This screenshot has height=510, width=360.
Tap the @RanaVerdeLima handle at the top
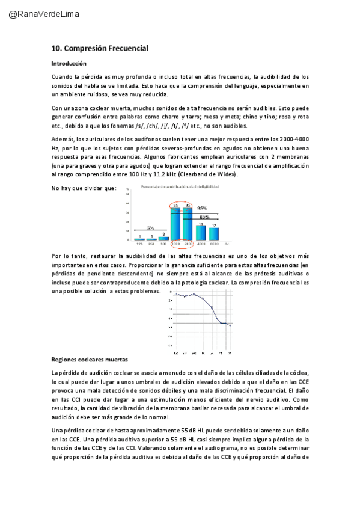(x=44, y=14)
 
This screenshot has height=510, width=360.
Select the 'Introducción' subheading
(x=69, y=63)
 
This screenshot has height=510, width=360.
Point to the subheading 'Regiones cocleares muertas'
(x=90, y=360)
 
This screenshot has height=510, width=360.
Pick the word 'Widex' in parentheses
(x=227, y=174)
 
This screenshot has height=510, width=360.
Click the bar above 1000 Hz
(x=175, y=223)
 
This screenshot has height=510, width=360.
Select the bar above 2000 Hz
(x=188, y=223)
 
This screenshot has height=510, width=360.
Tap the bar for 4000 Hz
(x=201, y=233)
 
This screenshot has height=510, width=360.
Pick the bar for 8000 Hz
(x=213, y=234)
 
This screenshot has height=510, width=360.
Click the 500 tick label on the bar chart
(x=163, y=244)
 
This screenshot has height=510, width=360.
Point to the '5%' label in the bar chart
(x=150, y=227)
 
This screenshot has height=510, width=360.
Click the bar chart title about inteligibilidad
(x=179, y=188)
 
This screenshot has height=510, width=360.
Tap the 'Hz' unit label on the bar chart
(x=227, y=244)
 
